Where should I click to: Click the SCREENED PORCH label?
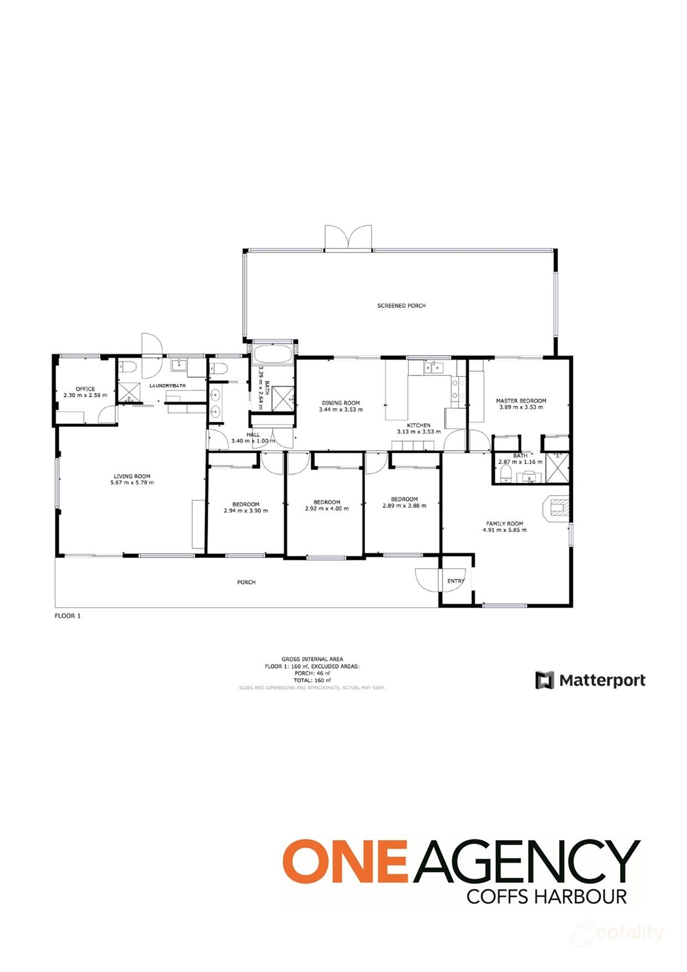(401, 305)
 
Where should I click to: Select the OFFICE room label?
(85, 388)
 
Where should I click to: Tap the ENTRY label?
(455, 581)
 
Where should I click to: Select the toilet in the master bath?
(505, 474)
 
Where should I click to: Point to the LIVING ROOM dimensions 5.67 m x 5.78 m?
(132, 483)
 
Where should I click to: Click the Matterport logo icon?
(544, 680)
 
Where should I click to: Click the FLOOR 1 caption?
(68, 616)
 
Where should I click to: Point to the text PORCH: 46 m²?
(312, 673)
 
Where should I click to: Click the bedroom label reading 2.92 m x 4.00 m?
(326, 508)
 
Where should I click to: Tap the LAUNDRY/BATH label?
(167, 385)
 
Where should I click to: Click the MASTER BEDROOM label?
(521, 401)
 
